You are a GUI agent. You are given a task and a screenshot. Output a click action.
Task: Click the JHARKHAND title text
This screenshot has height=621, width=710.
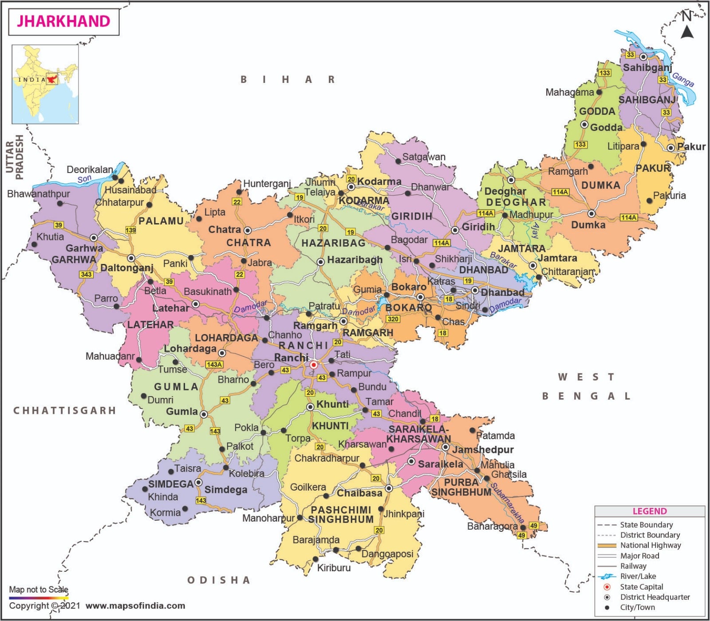coord(63,21)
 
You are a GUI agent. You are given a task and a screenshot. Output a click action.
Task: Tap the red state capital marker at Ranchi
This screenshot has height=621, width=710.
coord(313,365)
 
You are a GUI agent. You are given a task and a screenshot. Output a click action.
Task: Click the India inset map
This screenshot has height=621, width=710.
coord(45,84)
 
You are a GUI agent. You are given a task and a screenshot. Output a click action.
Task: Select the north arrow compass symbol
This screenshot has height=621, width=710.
coord(687,27)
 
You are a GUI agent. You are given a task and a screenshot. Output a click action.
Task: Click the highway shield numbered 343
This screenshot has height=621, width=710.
coord(86,274)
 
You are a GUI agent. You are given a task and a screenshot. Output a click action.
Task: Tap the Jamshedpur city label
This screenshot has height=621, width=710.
coord(483,449)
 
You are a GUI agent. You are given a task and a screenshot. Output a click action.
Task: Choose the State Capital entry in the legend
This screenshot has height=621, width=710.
coord(641,587)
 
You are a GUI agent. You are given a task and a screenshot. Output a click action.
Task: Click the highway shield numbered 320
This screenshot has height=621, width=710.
coord(393,319)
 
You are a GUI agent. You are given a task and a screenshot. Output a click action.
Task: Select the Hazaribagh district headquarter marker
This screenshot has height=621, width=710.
coord(320,262)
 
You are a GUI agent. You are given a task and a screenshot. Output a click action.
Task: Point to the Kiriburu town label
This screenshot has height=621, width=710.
coord(334,568)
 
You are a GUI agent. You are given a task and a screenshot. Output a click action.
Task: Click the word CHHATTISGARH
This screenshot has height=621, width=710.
coord(65,410)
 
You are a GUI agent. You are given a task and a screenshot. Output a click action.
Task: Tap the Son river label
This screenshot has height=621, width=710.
coord(84,179)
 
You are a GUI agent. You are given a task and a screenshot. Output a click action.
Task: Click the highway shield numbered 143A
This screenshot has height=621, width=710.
coord(214,364)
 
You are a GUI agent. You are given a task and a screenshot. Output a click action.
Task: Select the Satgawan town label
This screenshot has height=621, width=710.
coord(423,157)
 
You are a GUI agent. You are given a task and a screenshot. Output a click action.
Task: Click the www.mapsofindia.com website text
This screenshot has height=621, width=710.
coord(135,605)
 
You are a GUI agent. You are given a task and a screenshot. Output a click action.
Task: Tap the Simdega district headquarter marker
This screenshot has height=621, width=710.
coord(198,482)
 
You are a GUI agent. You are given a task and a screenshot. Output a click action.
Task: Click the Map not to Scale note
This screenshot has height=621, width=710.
coord(39,590)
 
